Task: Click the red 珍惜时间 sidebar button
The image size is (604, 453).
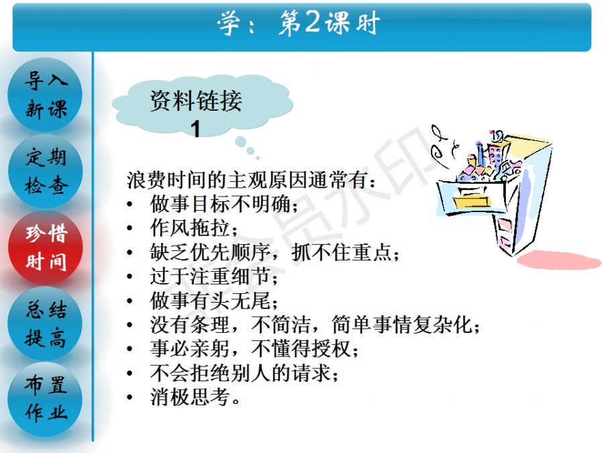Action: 46,247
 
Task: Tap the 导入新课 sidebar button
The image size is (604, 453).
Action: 46,95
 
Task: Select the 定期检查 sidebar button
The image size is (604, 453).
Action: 46,171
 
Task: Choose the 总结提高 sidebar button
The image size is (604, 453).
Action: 46,323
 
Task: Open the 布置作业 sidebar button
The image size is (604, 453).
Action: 46,399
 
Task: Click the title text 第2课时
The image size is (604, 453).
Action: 329,23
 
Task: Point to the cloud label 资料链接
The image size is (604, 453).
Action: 196,101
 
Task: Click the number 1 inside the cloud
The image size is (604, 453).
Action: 196,129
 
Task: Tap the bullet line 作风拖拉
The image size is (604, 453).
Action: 193,228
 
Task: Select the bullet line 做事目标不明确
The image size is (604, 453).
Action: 223,204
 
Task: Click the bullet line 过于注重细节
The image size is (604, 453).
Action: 213,276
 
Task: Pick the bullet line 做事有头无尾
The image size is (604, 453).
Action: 213,301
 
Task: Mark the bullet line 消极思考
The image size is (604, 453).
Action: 195,397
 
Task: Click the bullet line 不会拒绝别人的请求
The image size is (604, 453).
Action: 244,373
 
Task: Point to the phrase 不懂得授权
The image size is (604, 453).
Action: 304,348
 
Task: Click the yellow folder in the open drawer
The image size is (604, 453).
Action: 472,201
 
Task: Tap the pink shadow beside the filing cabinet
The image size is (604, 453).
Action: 558,260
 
